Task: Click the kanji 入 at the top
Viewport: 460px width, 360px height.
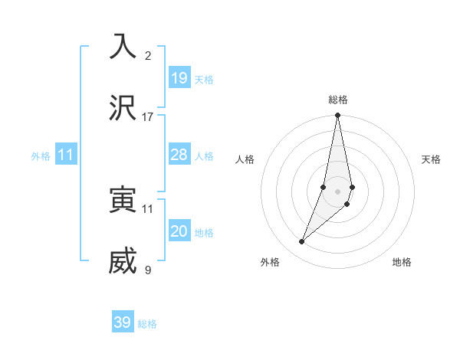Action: pos(123,47)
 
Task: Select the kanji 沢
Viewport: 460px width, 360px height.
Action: pos(123,108)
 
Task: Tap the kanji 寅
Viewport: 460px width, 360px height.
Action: pos(123,200)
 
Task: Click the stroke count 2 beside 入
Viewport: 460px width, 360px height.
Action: pos(148,55)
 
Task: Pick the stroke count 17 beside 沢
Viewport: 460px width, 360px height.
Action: pos(148,116)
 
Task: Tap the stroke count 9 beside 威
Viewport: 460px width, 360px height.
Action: pos(148,270)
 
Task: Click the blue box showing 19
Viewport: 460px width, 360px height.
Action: pos(179,77)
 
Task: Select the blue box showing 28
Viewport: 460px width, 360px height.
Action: pos(179,155)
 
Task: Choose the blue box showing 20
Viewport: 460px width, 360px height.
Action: pos(179,231)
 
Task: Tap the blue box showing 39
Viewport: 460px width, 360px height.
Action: pos(123,322)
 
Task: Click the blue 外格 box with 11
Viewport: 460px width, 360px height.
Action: pos(66,155)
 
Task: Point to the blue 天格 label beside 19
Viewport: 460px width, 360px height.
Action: pos(204,79)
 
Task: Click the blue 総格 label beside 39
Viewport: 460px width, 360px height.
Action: pos(147,324)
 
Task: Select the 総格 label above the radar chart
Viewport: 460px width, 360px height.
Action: pos(338,100)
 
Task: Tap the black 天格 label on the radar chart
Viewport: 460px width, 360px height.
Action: pos(432,159)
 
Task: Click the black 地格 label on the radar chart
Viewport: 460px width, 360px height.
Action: pos(402,262)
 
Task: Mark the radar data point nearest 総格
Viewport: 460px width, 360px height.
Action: pos(337,116)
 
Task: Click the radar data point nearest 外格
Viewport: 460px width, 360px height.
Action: pos(302,241)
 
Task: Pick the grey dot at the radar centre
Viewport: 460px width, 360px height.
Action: pos(337,191)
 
